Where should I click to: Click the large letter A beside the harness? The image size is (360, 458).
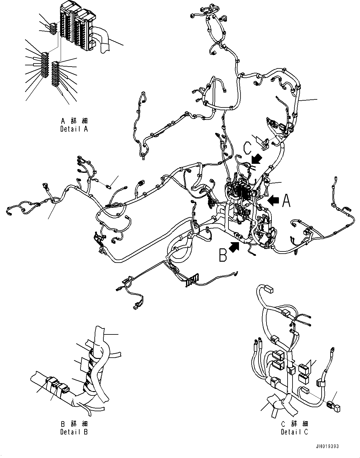pos(286,201)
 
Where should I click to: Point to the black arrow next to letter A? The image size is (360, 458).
pos(273,200)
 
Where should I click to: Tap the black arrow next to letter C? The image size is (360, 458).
pos(257,160)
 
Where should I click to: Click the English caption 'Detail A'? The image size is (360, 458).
pos(74,129)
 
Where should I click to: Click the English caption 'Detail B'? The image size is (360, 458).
pos(74,431)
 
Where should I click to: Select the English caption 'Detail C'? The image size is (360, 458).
pos(294,431)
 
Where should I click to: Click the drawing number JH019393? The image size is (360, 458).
pos(327,447)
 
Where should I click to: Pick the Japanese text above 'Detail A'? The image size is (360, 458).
pos(74,121)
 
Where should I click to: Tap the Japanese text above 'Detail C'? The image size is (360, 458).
pos(294,424)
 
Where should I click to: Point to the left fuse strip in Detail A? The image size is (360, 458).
pos(45,65)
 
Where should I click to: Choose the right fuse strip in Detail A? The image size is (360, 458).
pos(55,74)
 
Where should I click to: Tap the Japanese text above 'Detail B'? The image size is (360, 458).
pos(74,424)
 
